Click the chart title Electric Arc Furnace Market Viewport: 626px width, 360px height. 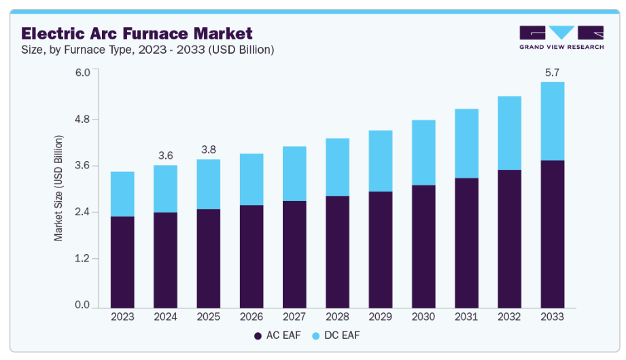(137, 33)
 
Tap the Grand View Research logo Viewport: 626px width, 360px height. (561, 38)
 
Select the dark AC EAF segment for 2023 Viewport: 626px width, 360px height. (122, 262)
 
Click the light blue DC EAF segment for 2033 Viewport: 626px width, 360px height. (553, 121)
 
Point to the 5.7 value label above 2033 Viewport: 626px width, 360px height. (552, 72)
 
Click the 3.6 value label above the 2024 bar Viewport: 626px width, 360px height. (165, 156)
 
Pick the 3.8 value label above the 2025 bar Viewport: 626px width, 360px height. (208, 149)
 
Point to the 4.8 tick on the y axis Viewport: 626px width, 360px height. (82, 120)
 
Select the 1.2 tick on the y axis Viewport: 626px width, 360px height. (82, 259)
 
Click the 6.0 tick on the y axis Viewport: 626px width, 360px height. (82, 73)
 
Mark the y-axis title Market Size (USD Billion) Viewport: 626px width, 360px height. (59, 188)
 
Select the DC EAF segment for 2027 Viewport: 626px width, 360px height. (294, 173)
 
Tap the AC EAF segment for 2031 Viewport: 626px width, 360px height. (466, 242)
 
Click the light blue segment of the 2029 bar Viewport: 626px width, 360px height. (381, 161)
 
